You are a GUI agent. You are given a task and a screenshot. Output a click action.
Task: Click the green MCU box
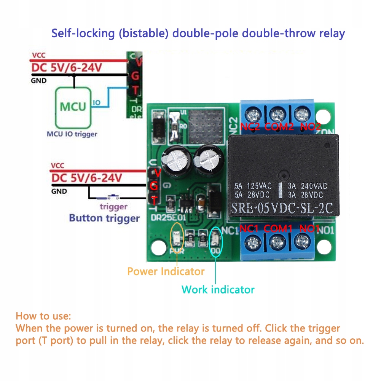click(73, 107)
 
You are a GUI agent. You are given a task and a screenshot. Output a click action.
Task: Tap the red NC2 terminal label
click(250, 127)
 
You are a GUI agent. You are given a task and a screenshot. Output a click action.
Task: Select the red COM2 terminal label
click(279, 127)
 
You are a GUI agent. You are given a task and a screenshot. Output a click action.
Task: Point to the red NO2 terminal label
click(311, 127)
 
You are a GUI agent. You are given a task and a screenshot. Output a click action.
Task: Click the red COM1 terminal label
click(278, 229)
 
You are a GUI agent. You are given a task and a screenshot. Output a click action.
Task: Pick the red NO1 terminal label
click(309, 229)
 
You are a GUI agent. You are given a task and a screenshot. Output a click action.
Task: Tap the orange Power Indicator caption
click(166, 271)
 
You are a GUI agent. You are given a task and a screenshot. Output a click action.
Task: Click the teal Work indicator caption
click(218, 289)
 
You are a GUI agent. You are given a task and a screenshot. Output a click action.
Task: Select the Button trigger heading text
click(104, 218)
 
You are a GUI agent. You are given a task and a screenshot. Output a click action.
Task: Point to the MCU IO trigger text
click(72, 134)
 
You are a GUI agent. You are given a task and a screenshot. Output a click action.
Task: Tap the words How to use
click(43, 316)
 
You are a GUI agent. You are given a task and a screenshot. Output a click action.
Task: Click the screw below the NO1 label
click(302, 241)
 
